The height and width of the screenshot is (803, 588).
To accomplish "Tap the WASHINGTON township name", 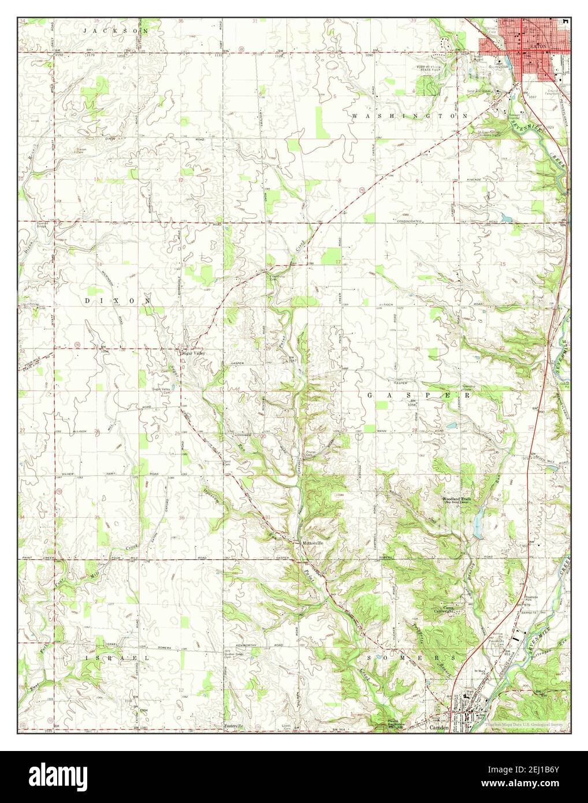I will [x=410, y=116].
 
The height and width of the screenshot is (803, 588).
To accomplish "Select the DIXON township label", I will [x=118, y=301].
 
